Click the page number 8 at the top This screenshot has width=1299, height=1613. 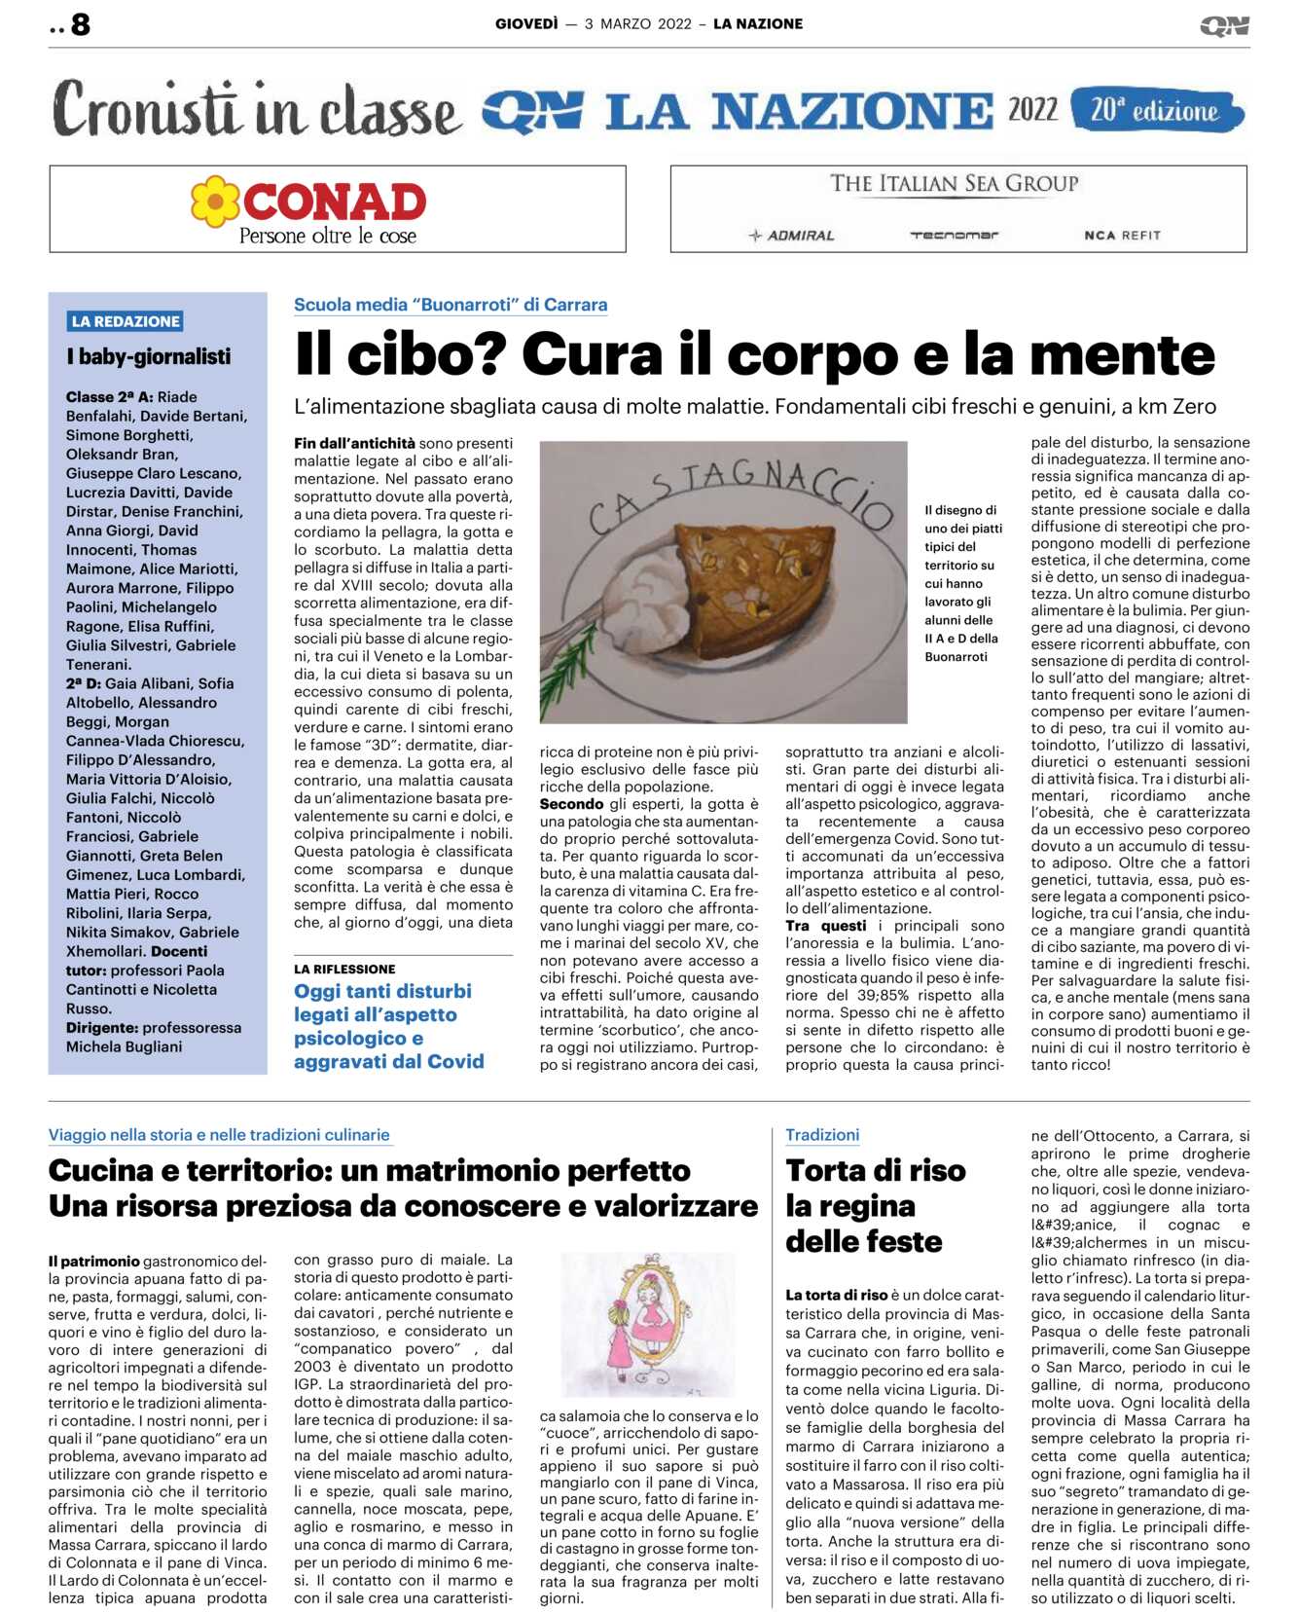coord(80,24)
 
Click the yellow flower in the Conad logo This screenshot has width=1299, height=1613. coord(215,202)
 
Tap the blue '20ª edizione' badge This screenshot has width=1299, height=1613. coord(1155,111)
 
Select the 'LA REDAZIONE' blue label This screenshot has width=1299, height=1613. coord(126,321)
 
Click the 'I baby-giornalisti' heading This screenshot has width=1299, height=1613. coord(149,357)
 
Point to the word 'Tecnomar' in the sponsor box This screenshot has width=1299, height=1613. coord(954,236)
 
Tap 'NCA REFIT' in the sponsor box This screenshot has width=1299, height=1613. coord(1122,236)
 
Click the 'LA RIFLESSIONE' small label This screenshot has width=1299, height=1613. coord(344,970)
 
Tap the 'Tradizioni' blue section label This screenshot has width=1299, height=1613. coord(822,1135)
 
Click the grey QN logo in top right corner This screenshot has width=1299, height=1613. coord(1224,26)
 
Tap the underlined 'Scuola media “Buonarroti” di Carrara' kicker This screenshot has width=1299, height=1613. coord(451,305)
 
